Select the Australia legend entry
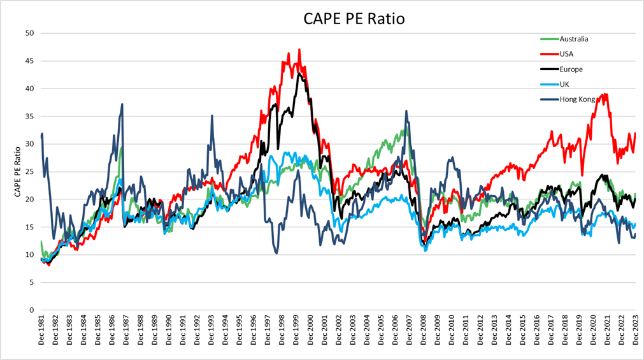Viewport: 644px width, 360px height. (573, 39)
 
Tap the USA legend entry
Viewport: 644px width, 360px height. (566, 54)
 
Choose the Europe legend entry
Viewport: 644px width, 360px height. (570, 69)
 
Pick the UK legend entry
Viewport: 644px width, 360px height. (564, 84)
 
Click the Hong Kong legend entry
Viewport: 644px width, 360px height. (577, 99)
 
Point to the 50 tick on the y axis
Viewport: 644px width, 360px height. (29, 33)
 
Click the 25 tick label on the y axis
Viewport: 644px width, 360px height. (29, 171)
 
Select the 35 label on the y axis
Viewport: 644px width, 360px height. (29, 116)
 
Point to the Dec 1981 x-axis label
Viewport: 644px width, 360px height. (41, 333)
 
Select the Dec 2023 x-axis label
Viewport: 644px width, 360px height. (635, 333)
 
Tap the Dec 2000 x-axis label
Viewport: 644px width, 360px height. (310, 333)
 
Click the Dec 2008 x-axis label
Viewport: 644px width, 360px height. (423, 333)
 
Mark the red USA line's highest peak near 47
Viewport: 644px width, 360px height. (299, 50)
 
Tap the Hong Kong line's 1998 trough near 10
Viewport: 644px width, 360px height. (276, 254)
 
